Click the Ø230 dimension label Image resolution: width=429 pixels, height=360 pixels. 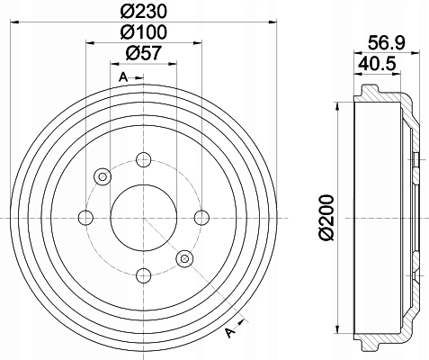[x=143, y=12]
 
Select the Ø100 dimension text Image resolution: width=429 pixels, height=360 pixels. [x=143, y=32]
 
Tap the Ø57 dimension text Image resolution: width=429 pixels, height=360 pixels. [x=143, y=53]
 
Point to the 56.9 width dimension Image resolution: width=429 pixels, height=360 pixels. [x=387, y=42]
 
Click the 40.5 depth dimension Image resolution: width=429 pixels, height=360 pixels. [x=378, y=64]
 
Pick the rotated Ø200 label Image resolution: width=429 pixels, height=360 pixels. [x=326, y=218]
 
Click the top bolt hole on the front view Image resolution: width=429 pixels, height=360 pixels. [x=143, y=159]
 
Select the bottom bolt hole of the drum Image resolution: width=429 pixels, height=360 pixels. [x=143, y=276]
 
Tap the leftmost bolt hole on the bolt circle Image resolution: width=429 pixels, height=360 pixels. [x=85, y=218]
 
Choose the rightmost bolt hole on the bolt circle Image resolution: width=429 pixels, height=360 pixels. [x=201, y=218]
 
